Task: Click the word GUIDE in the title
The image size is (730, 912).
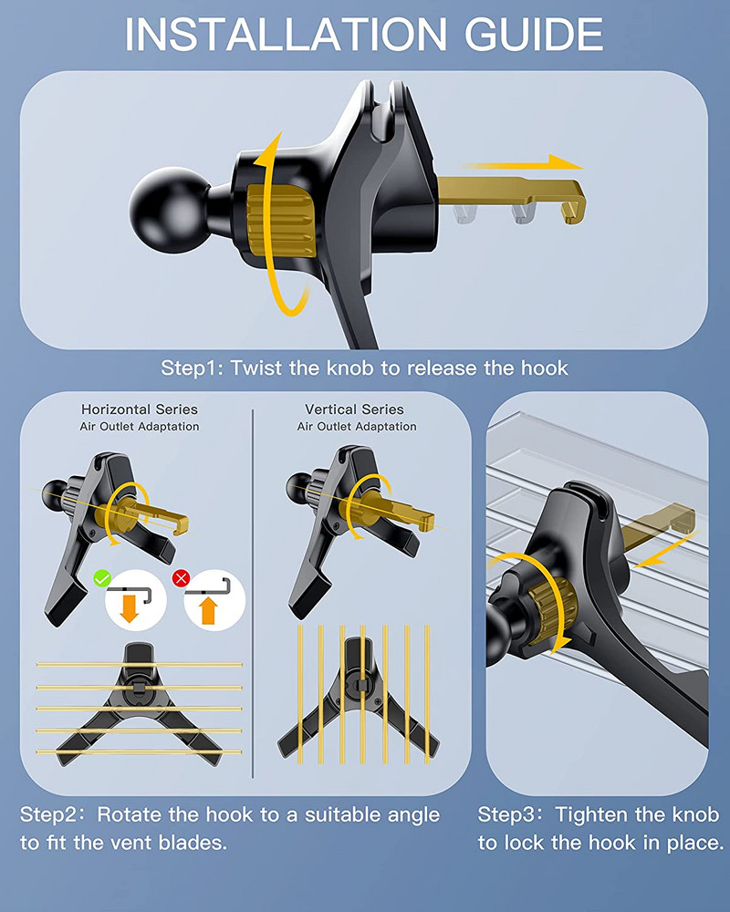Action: pyautogui.click(x=534, y=34)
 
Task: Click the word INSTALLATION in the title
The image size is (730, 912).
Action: pyautogui.click(x=286, y=34)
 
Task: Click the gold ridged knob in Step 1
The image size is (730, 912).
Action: pyautogui.click(x=281, y=222)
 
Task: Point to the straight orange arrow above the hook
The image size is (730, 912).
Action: pyautogui.click(x=522, y=163)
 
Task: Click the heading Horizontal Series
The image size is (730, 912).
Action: pyautogui.click(x=140, y=409)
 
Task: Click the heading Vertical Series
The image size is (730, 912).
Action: pyautogui.click(x=355, y=409)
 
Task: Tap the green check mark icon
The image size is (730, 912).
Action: pyautogui.click(x=102, y=578)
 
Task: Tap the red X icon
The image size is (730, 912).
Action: pyautogui.click(x=182, y=578)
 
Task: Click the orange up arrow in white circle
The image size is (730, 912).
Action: pyautogui.click(x=208, y=612)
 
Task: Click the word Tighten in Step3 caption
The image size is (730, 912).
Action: pyautogui.click(x=591, y=814)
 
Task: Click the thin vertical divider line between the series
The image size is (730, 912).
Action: pyautogui.click(x=254, y=594)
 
